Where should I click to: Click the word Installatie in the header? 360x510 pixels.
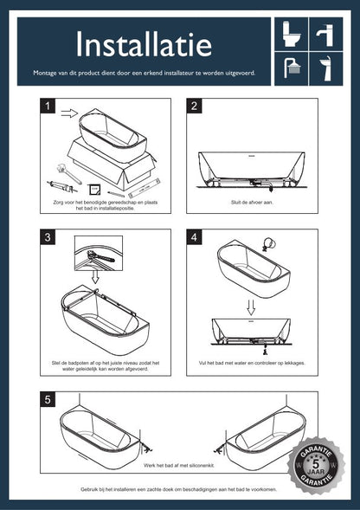[x=144, y=44]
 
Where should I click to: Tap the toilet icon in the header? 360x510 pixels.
[x=291, y=34]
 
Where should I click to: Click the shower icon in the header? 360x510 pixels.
[x=292, y=68]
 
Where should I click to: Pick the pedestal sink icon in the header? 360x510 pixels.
[x=326, y=68]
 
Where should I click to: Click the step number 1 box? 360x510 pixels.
[x=48, y=106]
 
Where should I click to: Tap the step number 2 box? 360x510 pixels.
[x=194, y=106]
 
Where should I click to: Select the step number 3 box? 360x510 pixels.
[x=48, y=236]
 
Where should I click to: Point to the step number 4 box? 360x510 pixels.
[x=194, y=236]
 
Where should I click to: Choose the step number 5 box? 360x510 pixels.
[x=48, y=399]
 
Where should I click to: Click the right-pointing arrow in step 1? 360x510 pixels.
[x=69, y=113]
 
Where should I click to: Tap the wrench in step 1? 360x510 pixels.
[x=68, y=173]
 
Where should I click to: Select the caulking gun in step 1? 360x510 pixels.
[x=61, y=187]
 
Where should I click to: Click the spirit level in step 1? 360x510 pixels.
[x=145, y=188]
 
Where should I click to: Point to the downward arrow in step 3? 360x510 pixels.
[x=95, y=276]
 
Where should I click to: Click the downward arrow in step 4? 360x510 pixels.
[x=251, y=307]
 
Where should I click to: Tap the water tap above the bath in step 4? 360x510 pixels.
[x=268, y=244]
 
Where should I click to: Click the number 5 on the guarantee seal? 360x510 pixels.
[x=316, y=464]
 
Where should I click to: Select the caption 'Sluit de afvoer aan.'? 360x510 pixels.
[x=252, y=203]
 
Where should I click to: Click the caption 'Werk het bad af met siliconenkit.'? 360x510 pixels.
[x=179, y=466]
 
